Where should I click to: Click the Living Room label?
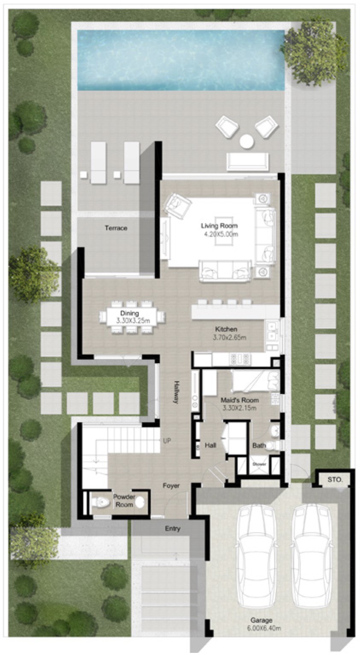pos(219,226)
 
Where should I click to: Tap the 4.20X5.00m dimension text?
pos(221,234)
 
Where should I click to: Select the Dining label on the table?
pos(130,313)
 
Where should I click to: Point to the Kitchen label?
pos(226,329)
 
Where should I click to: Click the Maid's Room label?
pos(239,400)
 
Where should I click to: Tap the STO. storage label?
pos(334,480)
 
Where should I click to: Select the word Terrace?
pos(116,228)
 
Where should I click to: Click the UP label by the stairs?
pos(167,441)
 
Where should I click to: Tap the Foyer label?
pos(171,486)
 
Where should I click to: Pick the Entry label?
pos(173,528)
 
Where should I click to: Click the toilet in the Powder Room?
pos(100,503)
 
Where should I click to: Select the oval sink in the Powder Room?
pos(139,503)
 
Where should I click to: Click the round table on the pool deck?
pos(247,141)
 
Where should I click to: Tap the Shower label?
pos(259,464)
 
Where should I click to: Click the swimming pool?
pos(181,60)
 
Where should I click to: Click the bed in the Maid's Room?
pos(255,381)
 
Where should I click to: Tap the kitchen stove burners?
pos(241,359)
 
